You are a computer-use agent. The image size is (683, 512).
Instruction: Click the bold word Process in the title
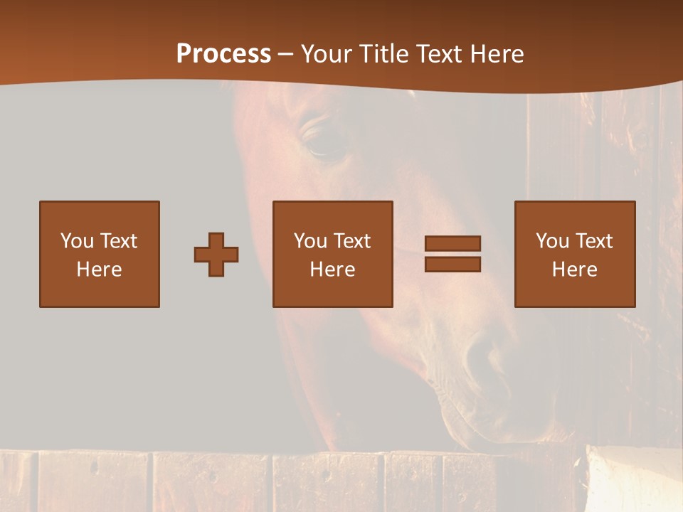[x=223, y=54]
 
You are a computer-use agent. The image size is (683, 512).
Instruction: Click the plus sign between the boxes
[x=216, y=255]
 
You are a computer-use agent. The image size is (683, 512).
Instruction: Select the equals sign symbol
[x=452, y=254]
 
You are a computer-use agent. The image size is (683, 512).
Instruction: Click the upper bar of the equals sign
[x=452, y=244]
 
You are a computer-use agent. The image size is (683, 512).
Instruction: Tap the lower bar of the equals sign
[x=452, y=264]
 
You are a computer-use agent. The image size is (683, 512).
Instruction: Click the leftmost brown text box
[x=100, y=254]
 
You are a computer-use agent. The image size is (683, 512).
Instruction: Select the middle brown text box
[x=333, y=254]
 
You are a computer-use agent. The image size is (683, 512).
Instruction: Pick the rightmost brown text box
[x=575, y=254]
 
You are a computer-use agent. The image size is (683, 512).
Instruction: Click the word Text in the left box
[x=118, y=241]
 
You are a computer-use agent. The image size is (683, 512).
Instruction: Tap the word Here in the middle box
[x=333, y=270]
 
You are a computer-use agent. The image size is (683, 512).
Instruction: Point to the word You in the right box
[x=553, y=241]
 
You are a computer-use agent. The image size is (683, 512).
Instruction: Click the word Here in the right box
[x=575, y=270]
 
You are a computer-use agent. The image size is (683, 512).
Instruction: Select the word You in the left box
[x=78, y=241]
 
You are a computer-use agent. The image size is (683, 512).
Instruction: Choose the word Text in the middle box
[x=351, y=241]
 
